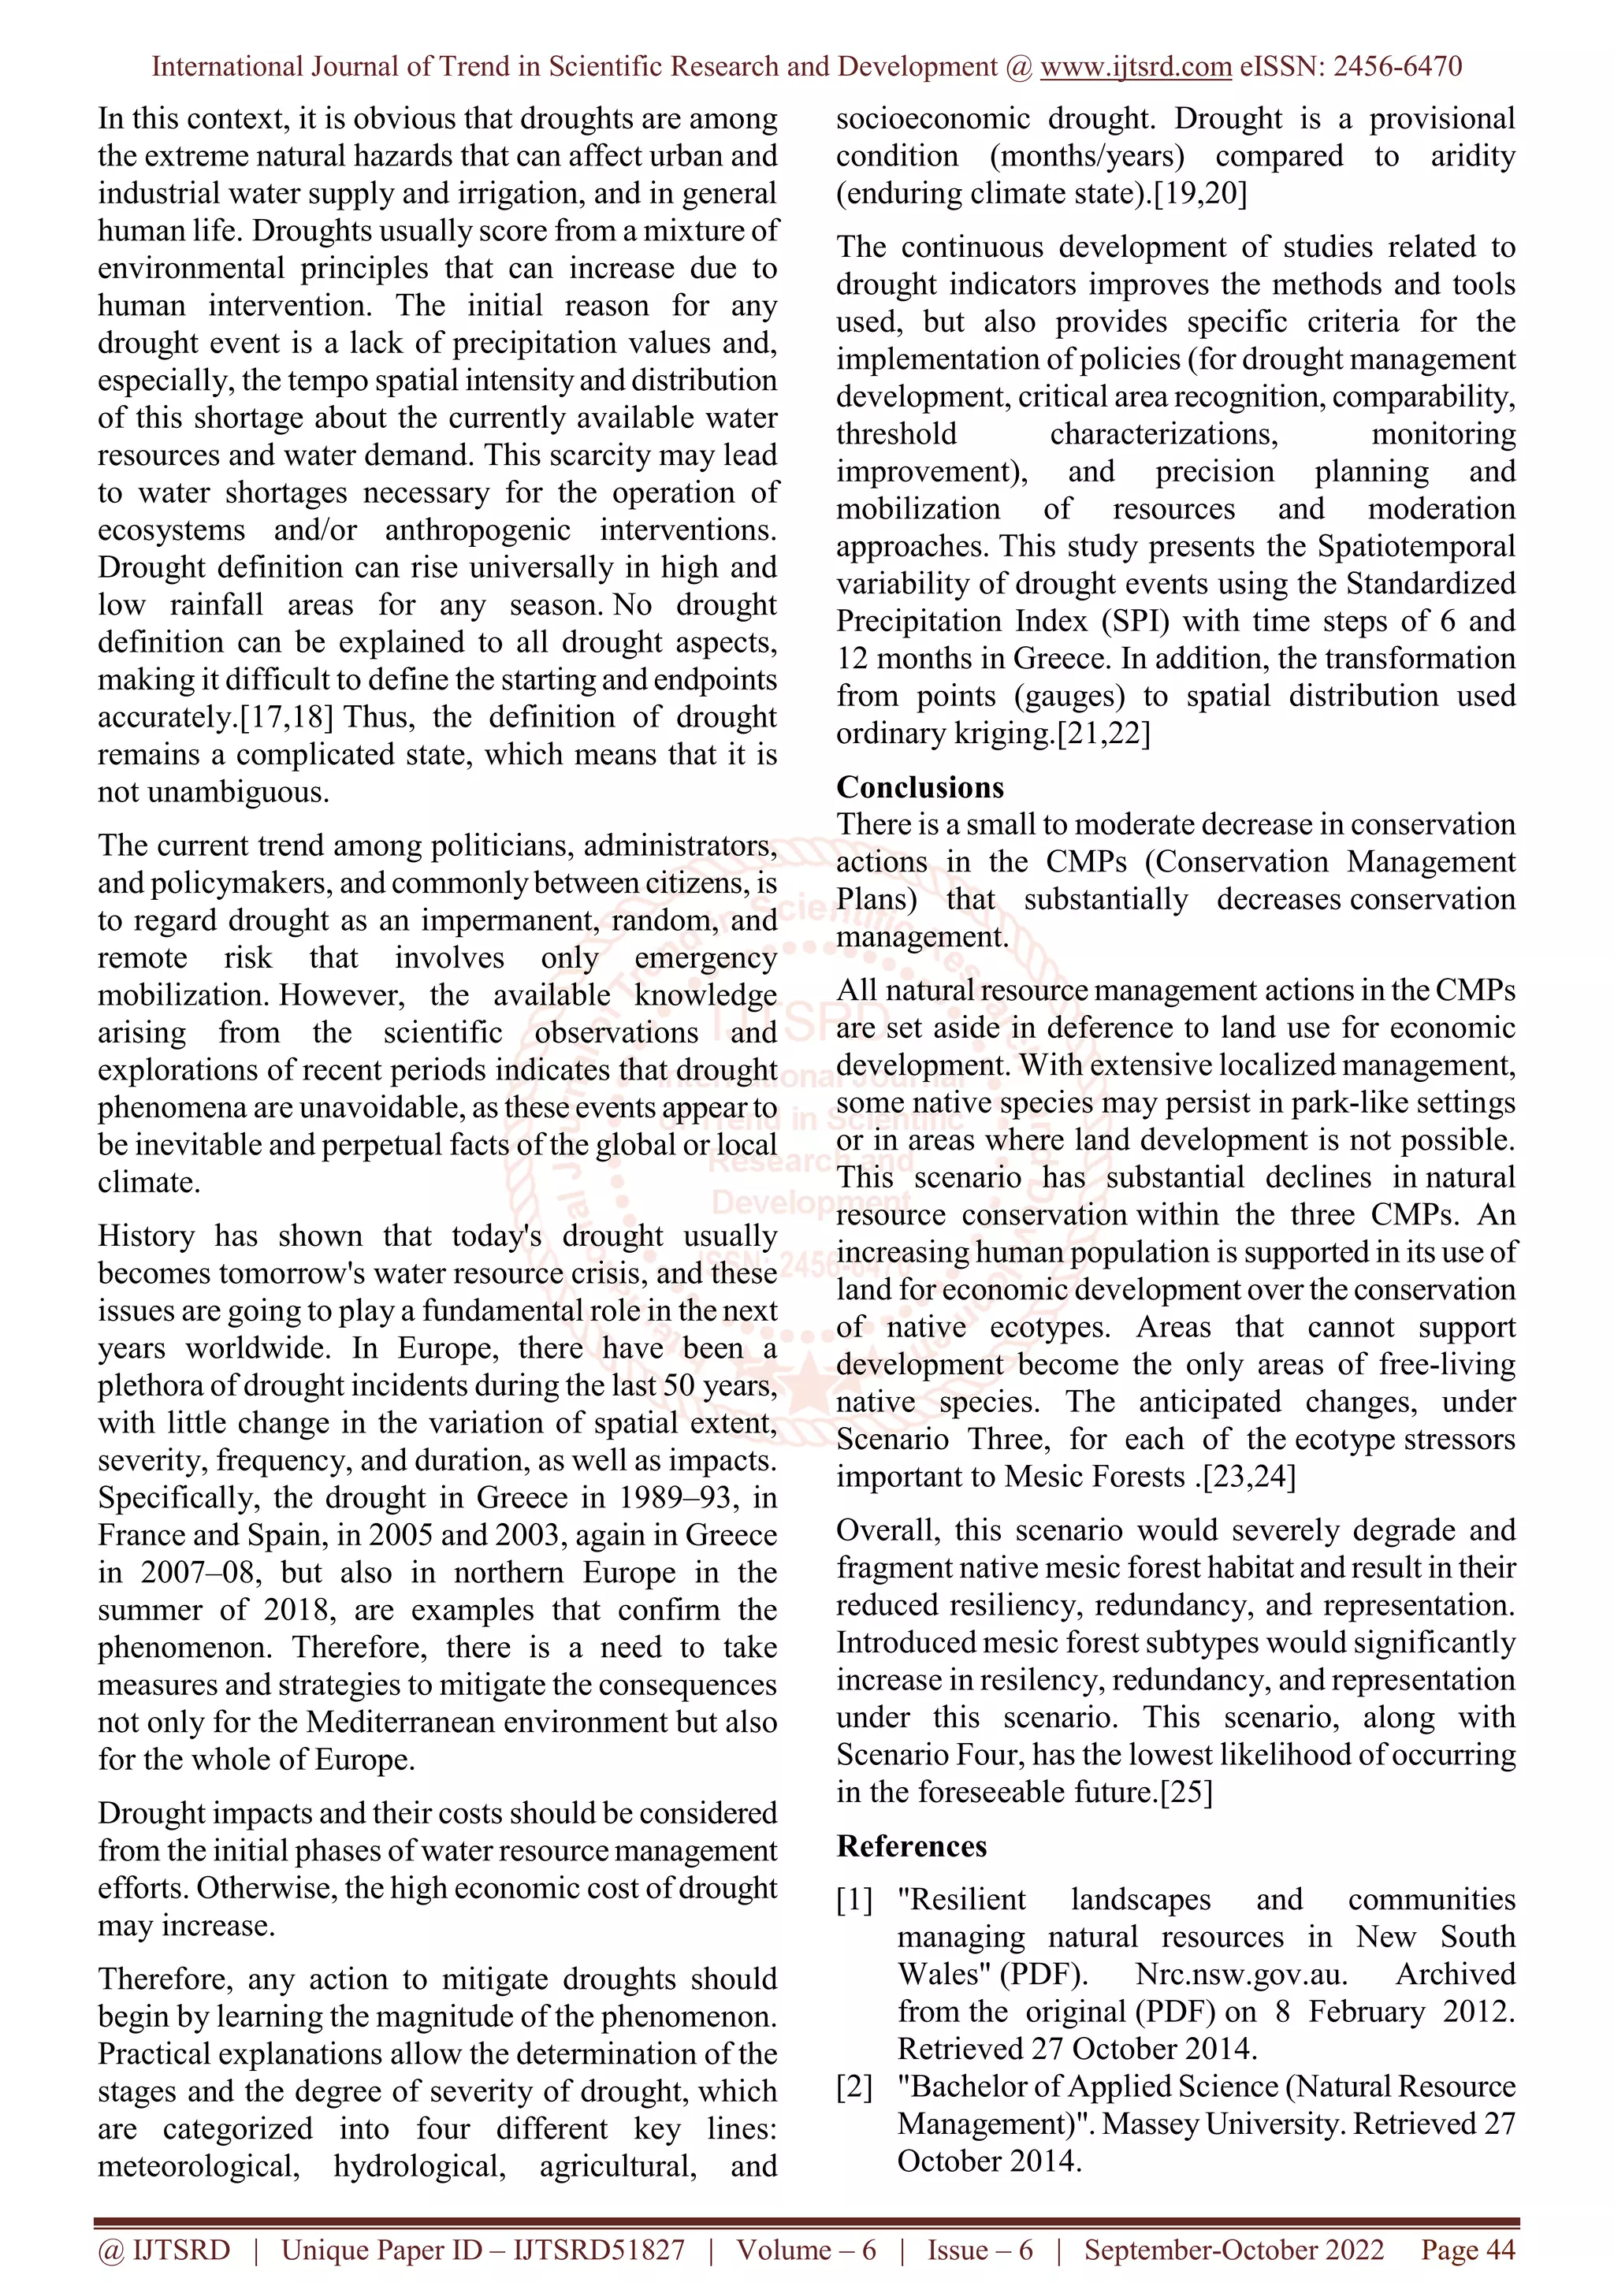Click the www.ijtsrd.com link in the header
pyautogui.click(x=1136, y=67)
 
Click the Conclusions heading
pyautogui.click(x=920, y=787)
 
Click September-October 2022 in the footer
pyautogui.click(x=1233, y=2249)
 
